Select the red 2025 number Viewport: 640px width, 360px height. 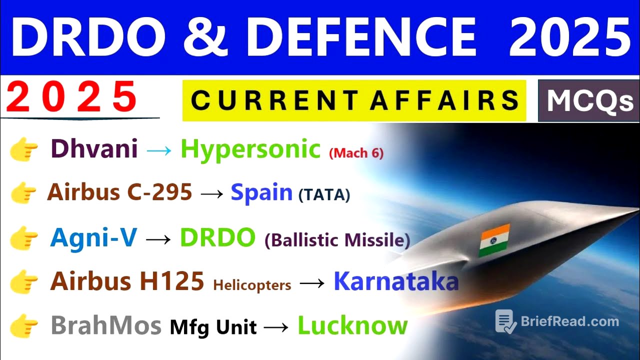point(72,97)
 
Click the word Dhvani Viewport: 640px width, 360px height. point(94,149)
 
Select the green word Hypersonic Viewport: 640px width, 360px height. point(250,149)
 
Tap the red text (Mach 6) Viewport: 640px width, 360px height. point(356,153)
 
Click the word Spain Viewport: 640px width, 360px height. point(261,192)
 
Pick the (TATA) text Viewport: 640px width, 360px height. point(324,195)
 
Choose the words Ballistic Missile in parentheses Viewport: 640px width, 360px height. point(337,240)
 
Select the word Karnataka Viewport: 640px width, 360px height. point(396,281)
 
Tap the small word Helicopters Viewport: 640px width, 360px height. point(252,285)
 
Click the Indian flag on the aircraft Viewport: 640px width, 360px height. point(494,240)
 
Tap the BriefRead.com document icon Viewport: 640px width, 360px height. point(505,321)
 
